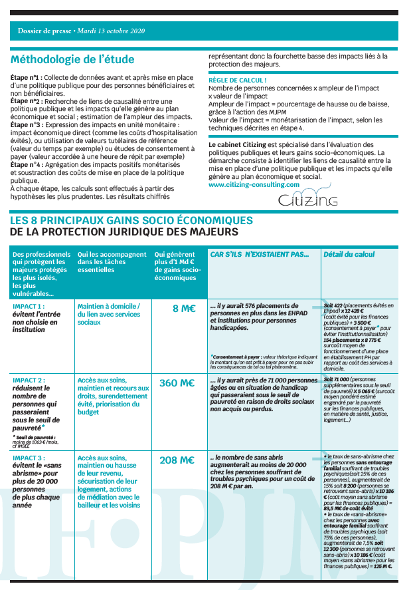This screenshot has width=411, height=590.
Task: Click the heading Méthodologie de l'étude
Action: (x=72, y=59)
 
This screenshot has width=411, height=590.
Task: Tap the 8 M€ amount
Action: (x=183, y=308)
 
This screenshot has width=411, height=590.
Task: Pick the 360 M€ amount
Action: (x=177, y=383)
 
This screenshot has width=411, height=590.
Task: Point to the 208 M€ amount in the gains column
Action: (x=177, y=460)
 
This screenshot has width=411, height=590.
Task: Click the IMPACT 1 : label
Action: (x=32, y=306)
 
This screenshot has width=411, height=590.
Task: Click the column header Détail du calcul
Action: (x=349, y=254)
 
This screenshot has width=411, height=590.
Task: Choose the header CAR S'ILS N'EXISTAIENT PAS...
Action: (x=260, y=254)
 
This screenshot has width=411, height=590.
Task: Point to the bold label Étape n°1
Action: (x=27, y=78)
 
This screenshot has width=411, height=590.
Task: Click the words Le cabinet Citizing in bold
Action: (x=238, y=144)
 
